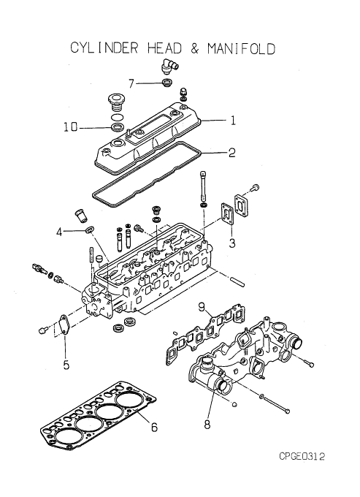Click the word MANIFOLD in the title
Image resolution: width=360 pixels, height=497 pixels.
click(x=242, y=48)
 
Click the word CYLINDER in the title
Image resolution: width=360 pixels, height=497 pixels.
click(x=104, y=48)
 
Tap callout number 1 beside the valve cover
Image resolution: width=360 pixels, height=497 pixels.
click(x=233, y=121)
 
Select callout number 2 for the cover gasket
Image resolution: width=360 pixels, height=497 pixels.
click(x=232, y=153)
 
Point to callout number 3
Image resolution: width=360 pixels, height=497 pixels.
click(x=232, y=243)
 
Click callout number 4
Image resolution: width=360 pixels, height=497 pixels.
click(x=59, y=232)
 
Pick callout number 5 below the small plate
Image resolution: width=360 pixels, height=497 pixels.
click(x=66, y=365)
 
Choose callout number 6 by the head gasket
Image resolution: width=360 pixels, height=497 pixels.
click(x=154, y=428)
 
